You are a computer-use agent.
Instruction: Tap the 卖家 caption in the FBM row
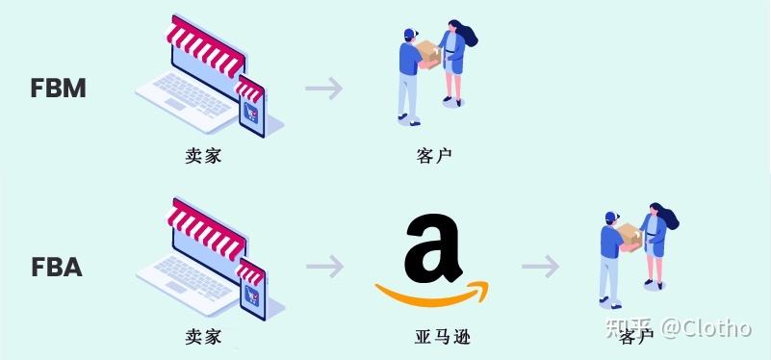203,154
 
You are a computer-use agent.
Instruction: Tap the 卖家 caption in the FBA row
203,337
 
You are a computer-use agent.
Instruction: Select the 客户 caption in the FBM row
434,154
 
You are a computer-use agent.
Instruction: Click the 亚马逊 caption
434,337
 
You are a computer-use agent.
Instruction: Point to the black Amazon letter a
434,247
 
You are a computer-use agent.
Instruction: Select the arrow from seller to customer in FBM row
324,90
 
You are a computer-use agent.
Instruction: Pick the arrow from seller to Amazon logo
324,268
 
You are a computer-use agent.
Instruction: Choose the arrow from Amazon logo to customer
541,267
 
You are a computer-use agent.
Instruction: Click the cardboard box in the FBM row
429,55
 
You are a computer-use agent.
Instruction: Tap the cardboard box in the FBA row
630,234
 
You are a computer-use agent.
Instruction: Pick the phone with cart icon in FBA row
251,287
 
